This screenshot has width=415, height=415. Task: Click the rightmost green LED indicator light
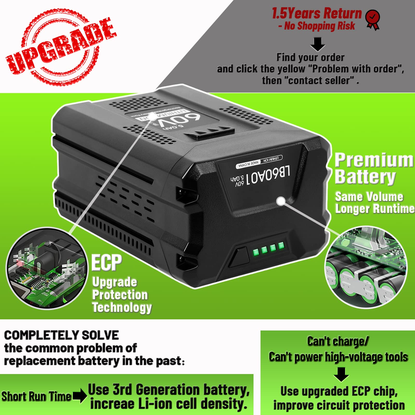click(x=281, y=245)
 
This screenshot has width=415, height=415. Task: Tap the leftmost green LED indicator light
click(x=256, y=251)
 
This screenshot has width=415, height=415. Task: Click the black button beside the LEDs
click(x=238, y=257)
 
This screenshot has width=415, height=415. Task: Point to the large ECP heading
click(x=107, y=263)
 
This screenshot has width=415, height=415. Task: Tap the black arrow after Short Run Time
click(x=80, y=396)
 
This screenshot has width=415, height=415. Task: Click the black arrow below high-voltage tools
click(x=341, y=374)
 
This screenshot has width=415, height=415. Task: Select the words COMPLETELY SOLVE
click(x=61, y=335)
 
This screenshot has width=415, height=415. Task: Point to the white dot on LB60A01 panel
click(x=281, y=201)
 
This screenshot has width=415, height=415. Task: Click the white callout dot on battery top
click(x=153, y=116)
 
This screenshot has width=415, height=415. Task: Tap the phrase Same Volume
click(x=369, y=197)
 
